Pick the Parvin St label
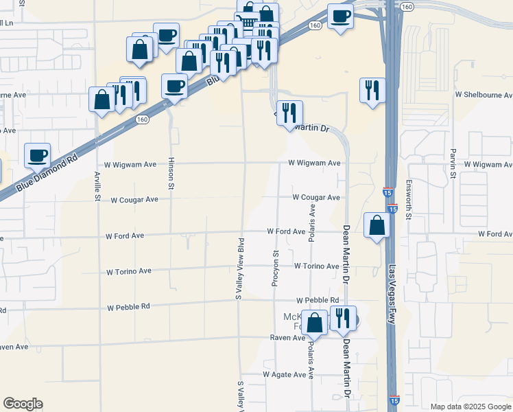point(453,163)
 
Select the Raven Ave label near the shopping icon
point(287,338)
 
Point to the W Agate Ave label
point(285,374)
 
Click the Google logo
point(23,404)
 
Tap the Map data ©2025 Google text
point(470,407)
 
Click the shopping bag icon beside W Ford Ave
point(377,225)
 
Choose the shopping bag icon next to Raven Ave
point(315,323)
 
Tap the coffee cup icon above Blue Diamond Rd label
point(37,154)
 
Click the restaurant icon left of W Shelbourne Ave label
point(372,89)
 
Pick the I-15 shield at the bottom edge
point(393,400)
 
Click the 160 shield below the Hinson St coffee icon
point(142,119)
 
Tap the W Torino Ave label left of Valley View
point(129,271)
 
